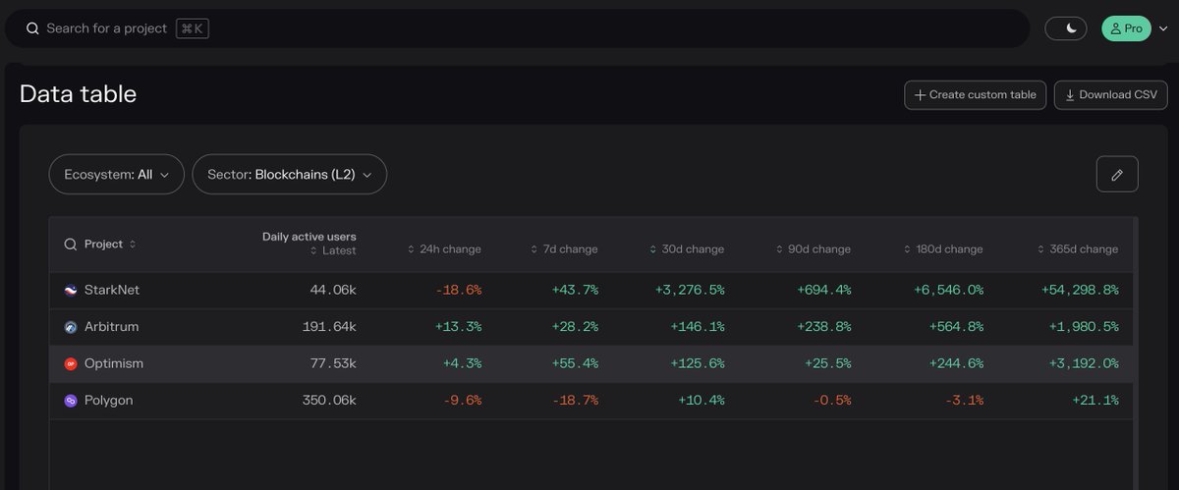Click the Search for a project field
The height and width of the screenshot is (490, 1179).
[491, 28]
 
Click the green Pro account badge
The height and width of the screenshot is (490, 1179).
[1126, 28]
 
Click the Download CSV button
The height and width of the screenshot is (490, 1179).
[1111, 95]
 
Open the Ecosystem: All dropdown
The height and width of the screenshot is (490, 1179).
[116, 175]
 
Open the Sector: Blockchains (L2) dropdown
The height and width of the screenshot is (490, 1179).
[289, 175]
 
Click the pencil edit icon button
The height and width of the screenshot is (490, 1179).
[1116, 175]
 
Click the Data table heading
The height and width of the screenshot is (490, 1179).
[78, 94]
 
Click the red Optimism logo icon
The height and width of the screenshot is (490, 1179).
[70, 364]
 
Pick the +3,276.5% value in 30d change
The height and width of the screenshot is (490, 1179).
[689, 291]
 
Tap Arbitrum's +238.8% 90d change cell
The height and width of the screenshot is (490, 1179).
[825, 327]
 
